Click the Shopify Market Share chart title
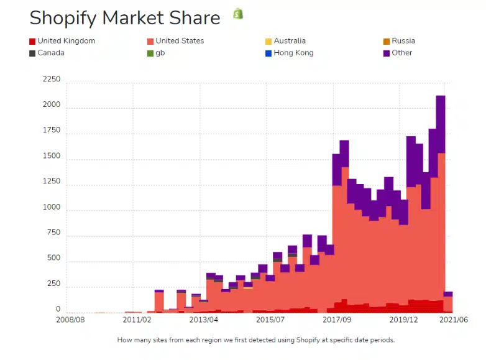(125, 17)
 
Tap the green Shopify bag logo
(238, 14)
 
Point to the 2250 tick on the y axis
(52, 80)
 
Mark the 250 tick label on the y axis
(53, 284)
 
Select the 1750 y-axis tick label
(52, 131)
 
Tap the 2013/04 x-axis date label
(204, 320)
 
